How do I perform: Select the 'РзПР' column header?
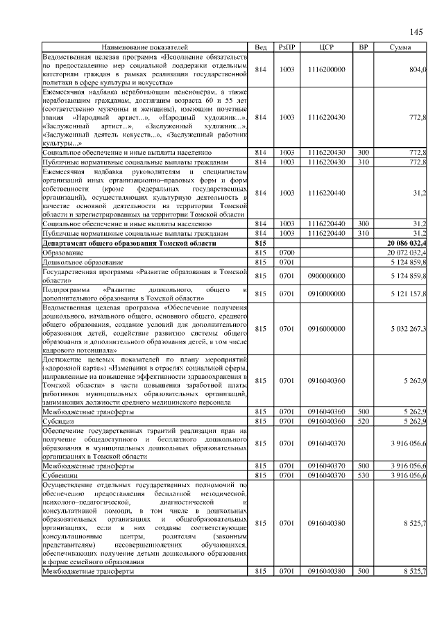coord(287,46)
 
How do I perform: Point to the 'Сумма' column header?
coord(400,46)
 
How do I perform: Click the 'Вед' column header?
coord(261,46)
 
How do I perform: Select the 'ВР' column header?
coord(363,46)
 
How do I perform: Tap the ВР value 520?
coord(363,421)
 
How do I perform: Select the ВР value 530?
coord(363,475)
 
